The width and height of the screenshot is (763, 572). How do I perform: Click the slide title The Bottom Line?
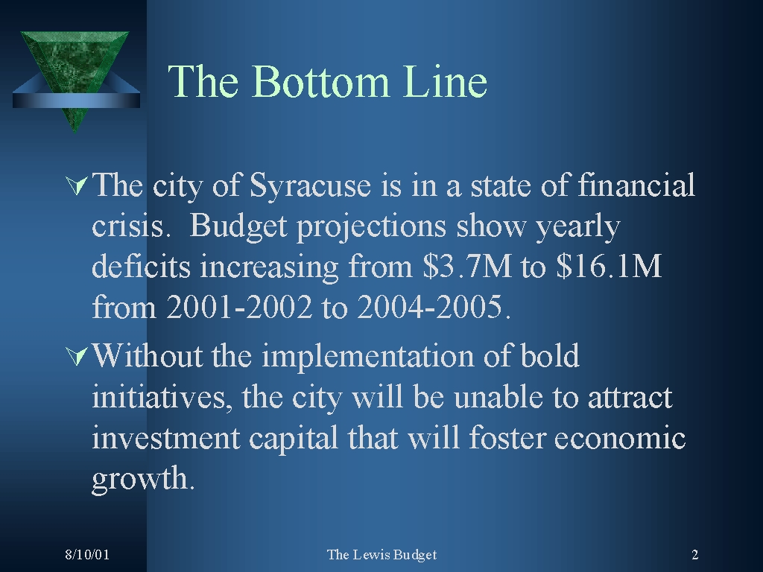coord(328,81)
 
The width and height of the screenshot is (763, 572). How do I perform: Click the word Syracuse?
coord(309,186)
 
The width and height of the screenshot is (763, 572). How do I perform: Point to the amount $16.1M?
coord(609,267)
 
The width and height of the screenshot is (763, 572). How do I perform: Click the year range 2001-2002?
coord(239,308)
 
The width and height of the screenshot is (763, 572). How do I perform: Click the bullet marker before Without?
coord(77,356)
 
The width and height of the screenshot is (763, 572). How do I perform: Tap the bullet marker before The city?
coord(77,185)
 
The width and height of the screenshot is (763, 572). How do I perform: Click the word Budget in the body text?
coord(239,226)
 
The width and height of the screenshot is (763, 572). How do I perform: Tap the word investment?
coord(165,438)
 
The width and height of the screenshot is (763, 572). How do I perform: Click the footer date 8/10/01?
coord(87,555)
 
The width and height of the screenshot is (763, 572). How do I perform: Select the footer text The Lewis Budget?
coord(381,555)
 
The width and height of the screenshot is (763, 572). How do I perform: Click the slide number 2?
coord(694,555)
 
